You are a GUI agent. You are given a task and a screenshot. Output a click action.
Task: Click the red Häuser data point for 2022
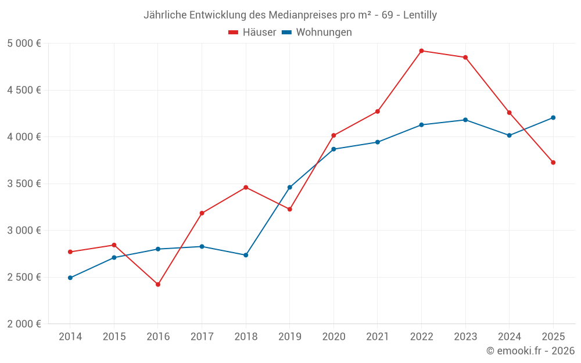click(x=421, y=51)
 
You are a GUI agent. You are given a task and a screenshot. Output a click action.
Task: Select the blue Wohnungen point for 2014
click(x=70, y=278)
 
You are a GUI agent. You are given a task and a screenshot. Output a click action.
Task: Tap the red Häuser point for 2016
click(x=158, y=285)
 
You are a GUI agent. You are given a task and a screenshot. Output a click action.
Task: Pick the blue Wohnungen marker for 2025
click(x=553, y=118)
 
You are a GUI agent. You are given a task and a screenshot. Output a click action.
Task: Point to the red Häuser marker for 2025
click(x=553, y=163)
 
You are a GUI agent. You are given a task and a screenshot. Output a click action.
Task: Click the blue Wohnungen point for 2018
click(x=246, y=255)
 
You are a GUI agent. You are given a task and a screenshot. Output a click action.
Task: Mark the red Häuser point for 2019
click(x=290, y=209)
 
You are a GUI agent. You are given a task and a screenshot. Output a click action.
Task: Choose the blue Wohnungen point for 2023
click(x=465, y=120)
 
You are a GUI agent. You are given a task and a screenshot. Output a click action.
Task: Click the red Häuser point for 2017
click(x=202, y=213)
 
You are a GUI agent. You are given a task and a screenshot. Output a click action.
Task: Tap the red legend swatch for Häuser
click(x=234, y=33)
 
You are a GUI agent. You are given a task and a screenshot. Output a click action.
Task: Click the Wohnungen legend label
click(x=324, y=33)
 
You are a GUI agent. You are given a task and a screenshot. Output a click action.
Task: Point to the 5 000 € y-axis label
click(x=24, y=44)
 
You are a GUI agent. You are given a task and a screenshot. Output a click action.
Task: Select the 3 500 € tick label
click(x=24, y=184)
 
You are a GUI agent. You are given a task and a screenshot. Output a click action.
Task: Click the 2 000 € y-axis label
click(x=24, y=324)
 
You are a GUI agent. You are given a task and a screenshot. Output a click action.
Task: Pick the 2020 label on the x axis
click(x=333, y=337)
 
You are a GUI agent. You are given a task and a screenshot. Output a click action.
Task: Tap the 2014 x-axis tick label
click(x=70, y=337)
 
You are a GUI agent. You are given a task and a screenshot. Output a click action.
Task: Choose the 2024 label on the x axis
click(x=509, y=337)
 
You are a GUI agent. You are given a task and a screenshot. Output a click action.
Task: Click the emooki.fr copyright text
click(x=530, y=351)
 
